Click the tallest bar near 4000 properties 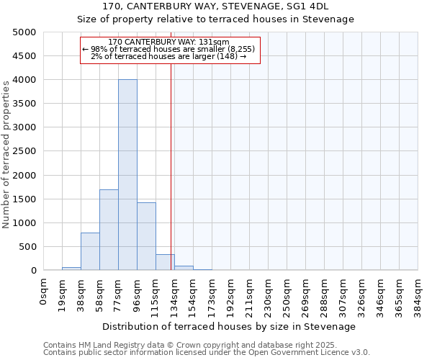[x=127, y=175]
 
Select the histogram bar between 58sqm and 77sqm [x=109, y=230]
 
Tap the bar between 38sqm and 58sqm [x=90, y=251]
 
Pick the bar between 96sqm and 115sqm [x=146, y=236]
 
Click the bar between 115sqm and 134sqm [x=165, y=262]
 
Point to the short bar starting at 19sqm [x=71, y=269]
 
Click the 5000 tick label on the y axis [x=24, y=32]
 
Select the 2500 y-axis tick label [x=24, y=151]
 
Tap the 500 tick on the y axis [x=27, y=246]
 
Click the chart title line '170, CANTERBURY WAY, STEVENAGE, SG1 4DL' [x=216, y=6]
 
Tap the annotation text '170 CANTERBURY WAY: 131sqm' [x=168, y=42]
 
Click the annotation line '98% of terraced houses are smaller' [x=168, y=49]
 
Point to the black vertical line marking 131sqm [x=171, y=166]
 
